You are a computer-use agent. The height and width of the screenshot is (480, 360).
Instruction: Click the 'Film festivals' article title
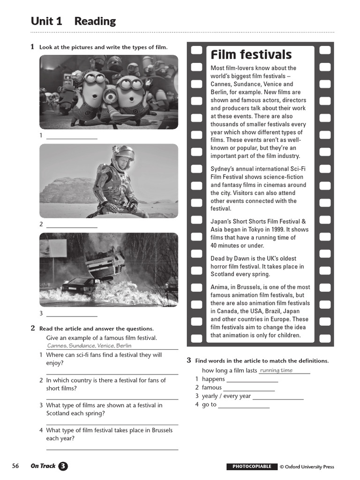click(251, 55)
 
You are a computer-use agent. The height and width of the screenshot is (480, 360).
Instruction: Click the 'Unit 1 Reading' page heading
click(73, 21)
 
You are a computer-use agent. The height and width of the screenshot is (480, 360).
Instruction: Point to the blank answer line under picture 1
click(72, 138)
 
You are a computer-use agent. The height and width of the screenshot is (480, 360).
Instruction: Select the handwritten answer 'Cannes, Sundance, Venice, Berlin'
click(89, 345)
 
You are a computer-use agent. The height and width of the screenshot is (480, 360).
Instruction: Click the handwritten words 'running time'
click(276, 370)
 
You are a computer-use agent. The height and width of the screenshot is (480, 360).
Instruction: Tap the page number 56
click(15, 466)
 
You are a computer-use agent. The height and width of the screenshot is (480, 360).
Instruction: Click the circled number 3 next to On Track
click(63, 466)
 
